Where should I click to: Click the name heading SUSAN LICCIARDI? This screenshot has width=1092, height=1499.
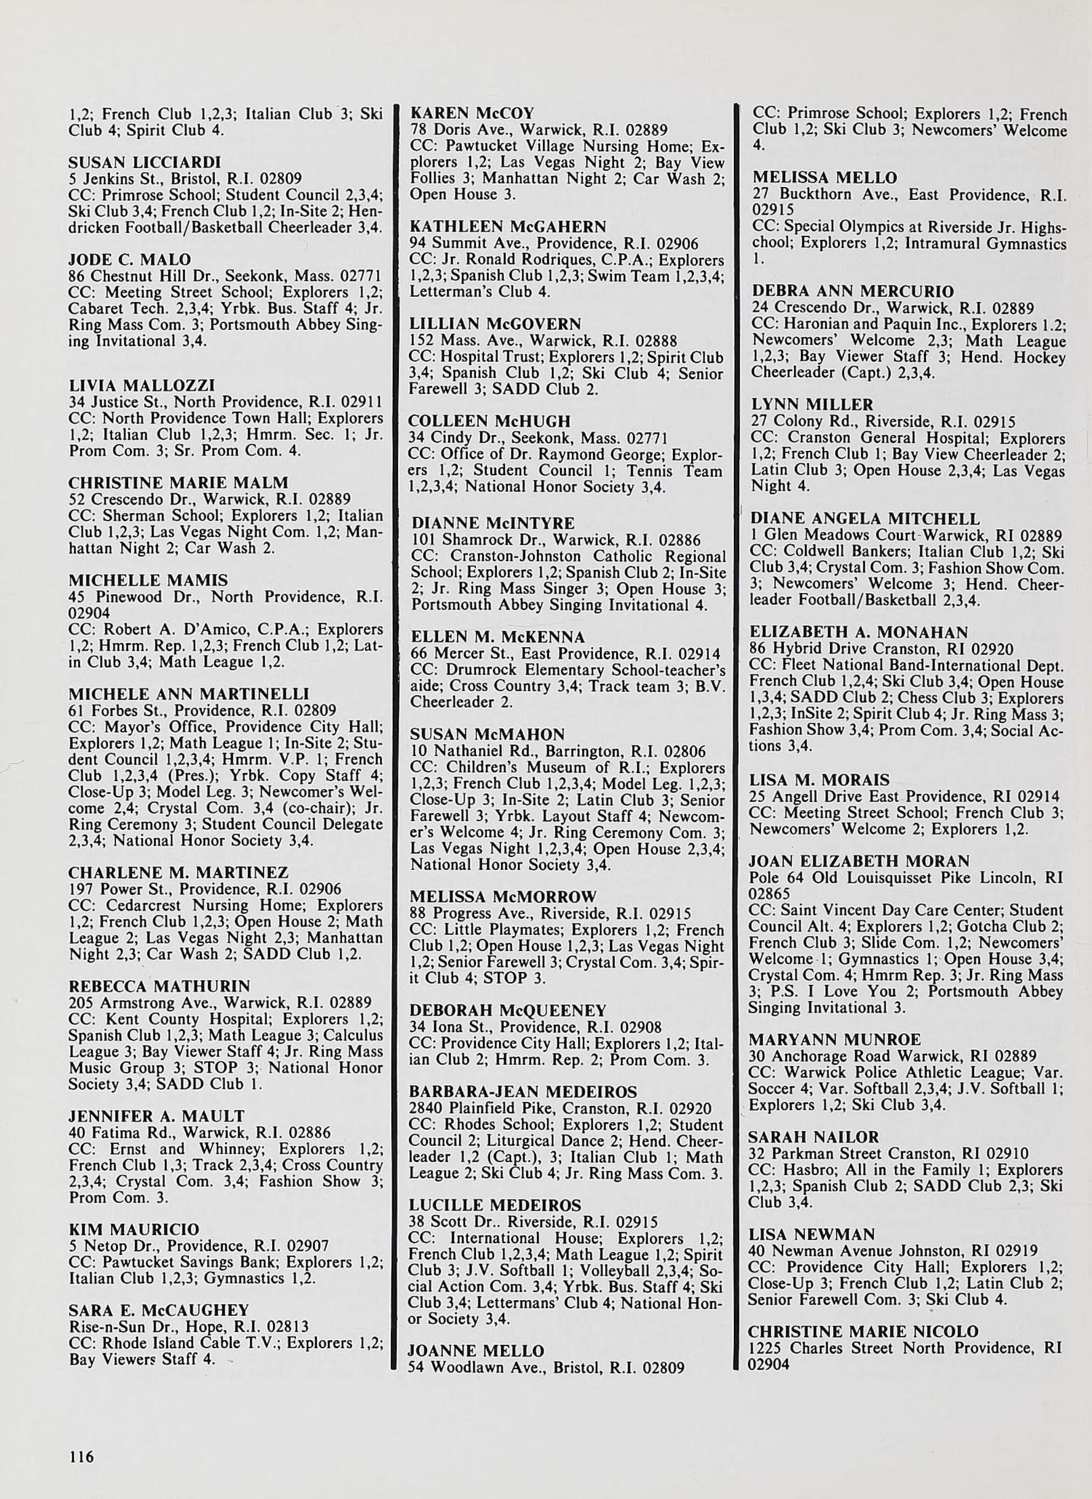[x=145, y=162]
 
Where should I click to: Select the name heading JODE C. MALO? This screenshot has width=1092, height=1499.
[x=130, y=259]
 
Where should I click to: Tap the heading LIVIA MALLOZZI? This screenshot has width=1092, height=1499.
[x=142, y=385]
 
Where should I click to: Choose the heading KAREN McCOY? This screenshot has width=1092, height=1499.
[x=472, y=113]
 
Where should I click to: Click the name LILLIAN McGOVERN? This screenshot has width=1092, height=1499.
[x=495, y=324]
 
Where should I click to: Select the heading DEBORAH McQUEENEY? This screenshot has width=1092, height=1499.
[x=508, y=1010]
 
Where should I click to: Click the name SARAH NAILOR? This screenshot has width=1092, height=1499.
[x=814, y=1137]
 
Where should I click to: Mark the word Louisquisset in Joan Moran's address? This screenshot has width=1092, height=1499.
[x=876, y=878]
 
